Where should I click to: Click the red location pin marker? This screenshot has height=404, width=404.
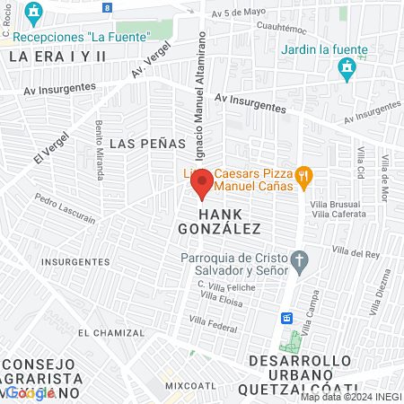coord(202,184)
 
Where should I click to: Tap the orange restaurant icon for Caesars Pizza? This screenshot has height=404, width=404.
coord(304,176)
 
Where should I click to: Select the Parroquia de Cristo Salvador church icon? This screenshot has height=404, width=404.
coord(300,262)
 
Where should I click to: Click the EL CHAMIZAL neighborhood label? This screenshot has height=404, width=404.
coord(110,332)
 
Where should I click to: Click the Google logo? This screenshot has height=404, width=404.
coord(31,392)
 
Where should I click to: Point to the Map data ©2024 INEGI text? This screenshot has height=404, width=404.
coord(350,397)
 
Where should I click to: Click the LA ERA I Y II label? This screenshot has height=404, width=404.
coord(57,56)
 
